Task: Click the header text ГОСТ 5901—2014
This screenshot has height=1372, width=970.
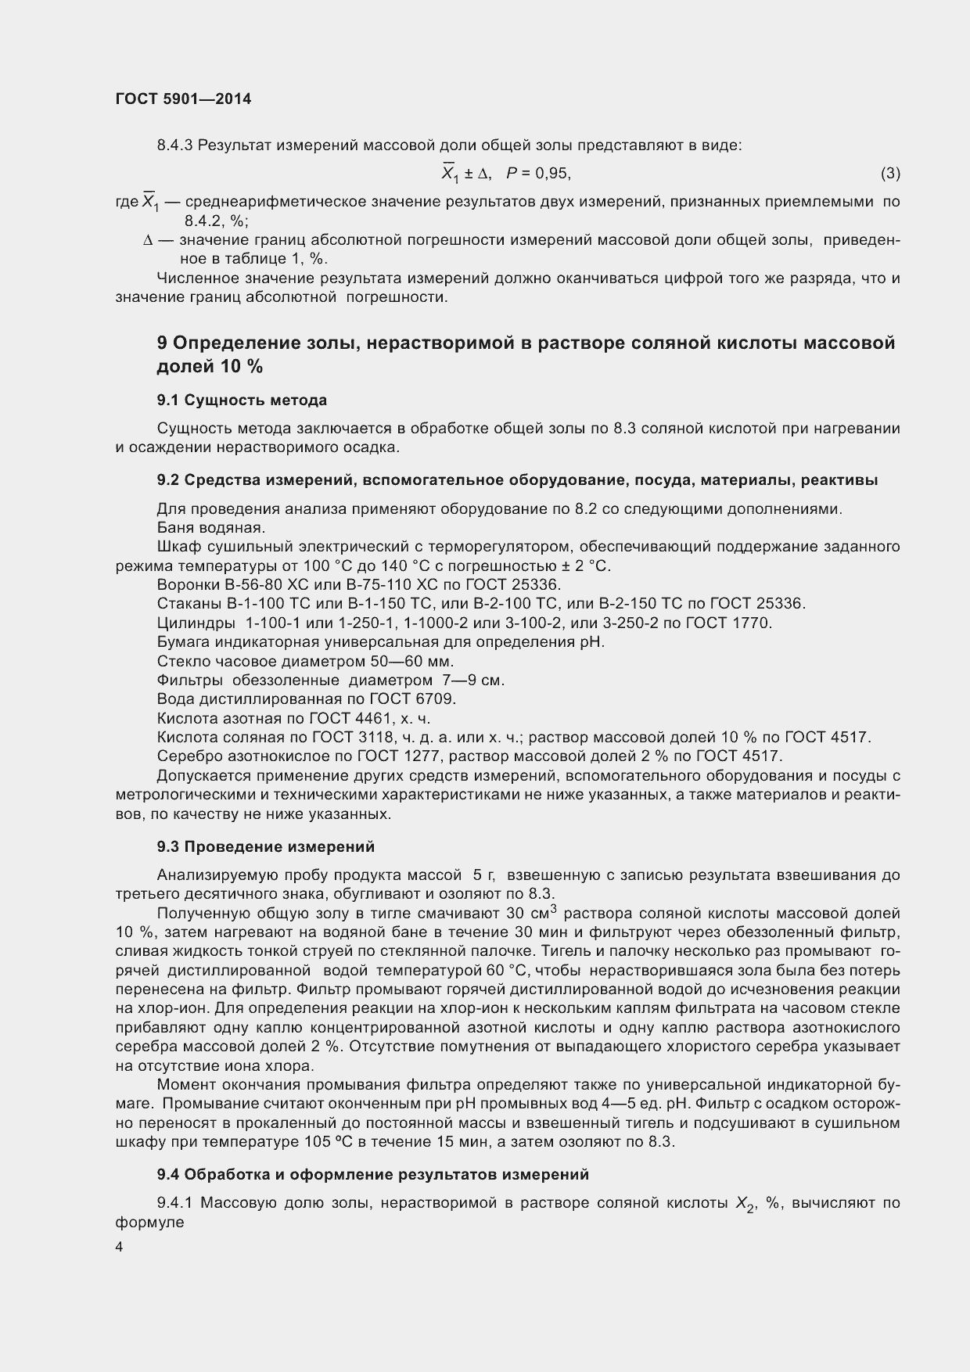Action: click(183, 99)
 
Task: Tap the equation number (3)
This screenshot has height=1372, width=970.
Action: click(889, 173)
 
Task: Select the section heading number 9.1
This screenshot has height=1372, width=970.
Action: click(169, 400)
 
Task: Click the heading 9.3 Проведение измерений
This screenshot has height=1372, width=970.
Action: click(265, 846)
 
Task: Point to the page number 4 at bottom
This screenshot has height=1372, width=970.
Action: click(119, 1248)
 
